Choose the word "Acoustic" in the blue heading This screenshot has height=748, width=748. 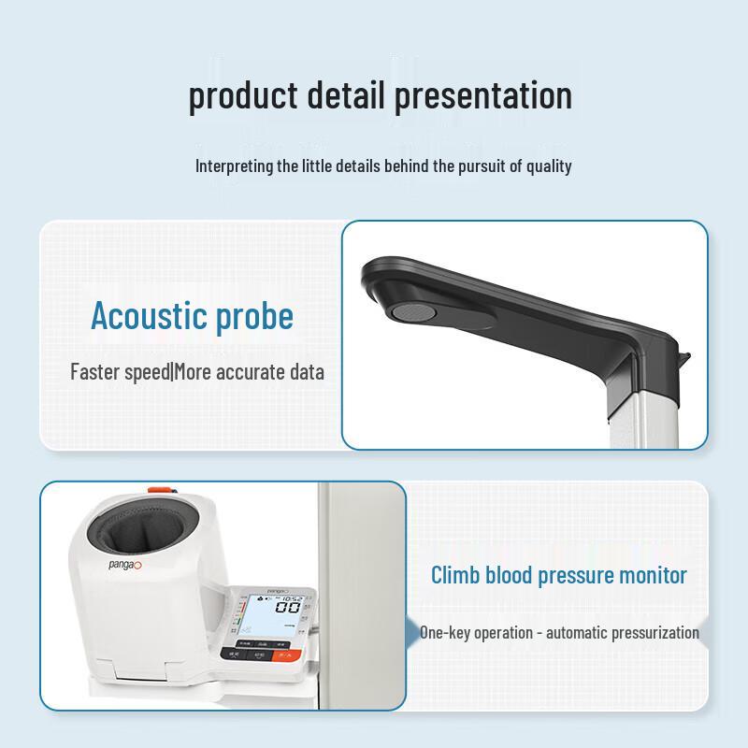[149, 316]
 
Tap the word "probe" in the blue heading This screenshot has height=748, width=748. [253, 316]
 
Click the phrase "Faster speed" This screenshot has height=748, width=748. [119, 371]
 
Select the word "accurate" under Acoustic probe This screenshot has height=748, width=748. [251, 371]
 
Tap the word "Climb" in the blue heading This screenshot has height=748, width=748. [455, 575]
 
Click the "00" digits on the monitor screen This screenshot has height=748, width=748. [287, 609]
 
